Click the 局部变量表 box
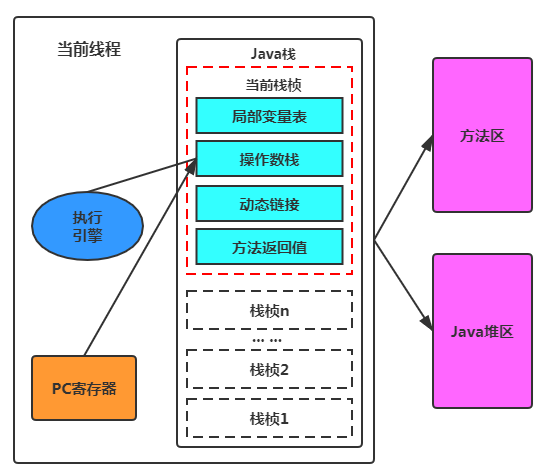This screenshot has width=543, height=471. (x=269, y=116)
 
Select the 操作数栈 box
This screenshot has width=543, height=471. (x=269, y=159)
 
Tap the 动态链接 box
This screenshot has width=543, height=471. (x=269, y=203)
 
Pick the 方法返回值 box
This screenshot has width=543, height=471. (x=269, y=246)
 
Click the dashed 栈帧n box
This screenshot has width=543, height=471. (x=269, y=310)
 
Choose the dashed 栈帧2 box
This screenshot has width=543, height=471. (x=269, y=368)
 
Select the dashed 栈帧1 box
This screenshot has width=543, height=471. (x=269, y=417)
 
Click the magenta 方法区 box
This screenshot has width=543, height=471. (x=481, y=135)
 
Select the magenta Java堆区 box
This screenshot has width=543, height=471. (x=481, y=330)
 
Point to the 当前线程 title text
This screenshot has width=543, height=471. (x=89, y=50)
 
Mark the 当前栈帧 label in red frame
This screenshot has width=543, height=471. (x=269, y=85)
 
